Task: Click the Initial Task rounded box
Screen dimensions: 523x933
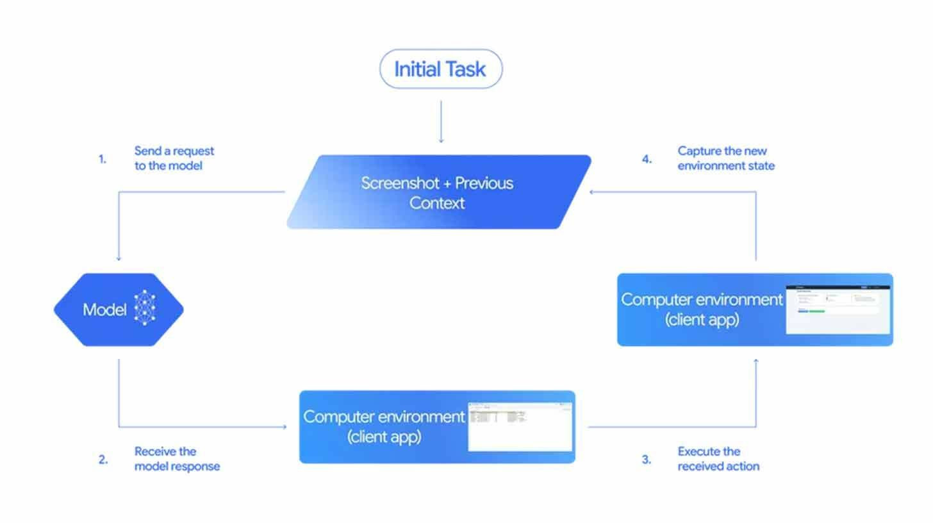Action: (x=441, y=69)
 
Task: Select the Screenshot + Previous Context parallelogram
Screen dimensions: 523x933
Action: (x=438, y=192)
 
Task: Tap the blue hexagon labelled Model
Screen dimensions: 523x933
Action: (x=119, y=310)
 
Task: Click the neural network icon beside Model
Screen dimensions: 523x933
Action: (x=145, y=308)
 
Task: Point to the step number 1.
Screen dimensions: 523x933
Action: (x=103, y=159)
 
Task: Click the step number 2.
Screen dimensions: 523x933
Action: (x=103, y=460)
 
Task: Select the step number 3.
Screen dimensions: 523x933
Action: (x=647, y=460)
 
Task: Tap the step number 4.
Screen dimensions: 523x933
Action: (x=647, y=159)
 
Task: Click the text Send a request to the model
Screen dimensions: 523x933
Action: (x=174, y=158)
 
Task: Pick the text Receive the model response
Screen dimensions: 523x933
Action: (x=176, y=459)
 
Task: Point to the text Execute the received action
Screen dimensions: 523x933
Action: (x=718, y=459)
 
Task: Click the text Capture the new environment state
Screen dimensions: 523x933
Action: (x=725, y=158)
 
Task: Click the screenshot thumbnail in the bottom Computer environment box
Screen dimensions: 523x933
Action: (x=520, y=426)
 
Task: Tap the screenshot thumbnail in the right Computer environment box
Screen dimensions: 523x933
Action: (x=838, y=310)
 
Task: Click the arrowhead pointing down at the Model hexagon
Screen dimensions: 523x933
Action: (x=119, y=258)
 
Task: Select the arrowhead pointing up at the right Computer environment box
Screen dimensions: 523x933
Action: (x=756, y=361)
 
